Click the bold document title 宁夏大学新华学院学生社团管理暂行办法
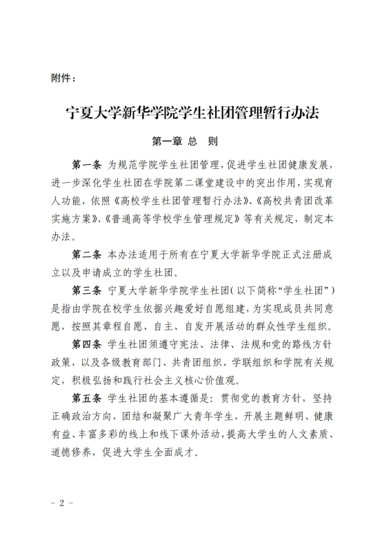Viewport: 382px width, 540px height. (190, 112)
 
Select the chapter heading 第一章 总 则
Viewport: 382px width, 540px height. (185, 142)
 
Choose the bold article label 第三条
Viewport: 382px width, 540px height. (87, 290)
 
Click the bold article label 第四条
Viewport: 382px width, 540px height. (87, 344)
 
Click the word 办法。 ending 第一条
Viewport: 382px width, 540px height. (66, 237)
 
